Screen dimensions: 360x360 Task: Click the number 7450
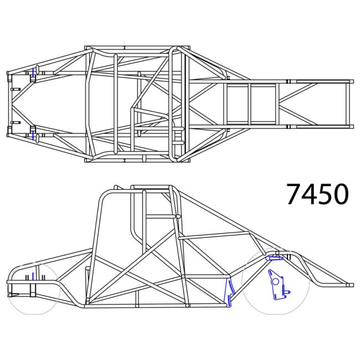pos(317,194)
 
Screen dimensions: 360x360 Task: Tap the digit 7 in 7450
pos(294,194)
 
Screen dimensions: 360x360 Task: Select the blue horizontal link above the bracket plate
pos(275,258)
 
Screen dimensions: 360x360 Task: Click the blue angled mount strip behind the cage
pos(229,292)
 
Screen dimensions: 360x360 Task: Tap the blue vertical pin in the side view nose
pos(33,276)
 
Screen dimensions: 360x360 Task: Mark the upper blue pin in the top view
pos(33,72)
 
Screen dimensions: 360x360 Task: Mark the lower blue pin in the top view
pos(33,135)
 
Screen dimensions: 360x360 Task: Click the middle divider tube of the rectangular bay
pos(250,104)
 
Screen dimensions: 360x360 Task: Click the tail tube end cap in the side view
pos(349,285)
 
